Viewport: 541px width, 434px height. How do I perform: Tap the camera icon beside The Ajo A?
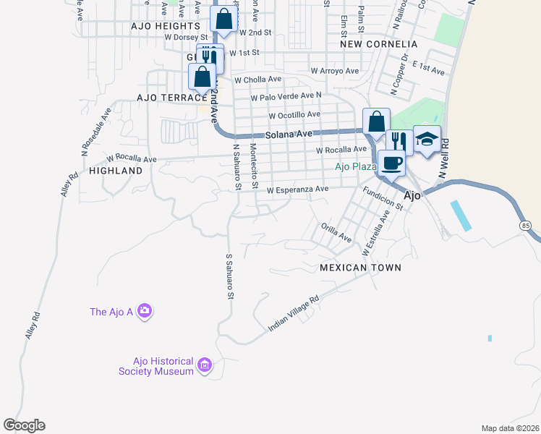[x=145, y=311]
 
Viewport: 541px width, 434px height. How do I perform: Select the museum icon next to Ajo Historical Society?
[x=204, y=366]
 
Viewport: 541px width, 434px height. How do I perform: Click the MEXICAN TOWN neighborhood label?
[x=360, y=268]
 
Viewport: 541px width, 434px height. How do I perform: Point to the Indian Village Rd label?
[x=294, y=314]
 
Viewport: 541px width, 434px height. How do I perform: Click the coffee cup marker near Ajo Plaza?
[x=392, y=163]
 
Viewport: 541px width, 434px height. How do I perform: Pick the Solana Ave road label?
[x=289, y=135]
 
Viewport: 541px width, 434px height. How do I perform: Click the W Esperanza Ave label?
[x=297, y=190]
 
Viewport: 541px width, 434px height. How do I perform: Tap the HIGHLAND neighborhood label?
[x=116, y=171]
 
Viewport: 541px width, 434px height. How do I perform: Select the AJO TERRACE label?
[x=172, y=97]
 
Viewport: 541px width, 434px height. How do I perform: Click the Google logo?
[x=24, y=425]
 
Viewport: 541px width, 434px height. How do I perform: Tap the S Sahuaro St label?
[x=230, y=276]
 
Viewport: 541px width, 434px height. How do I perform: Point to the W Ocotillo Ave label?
[x=294, y=115]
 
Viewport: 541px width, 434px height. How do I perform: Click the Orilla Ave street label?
[x=336, y=232]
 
